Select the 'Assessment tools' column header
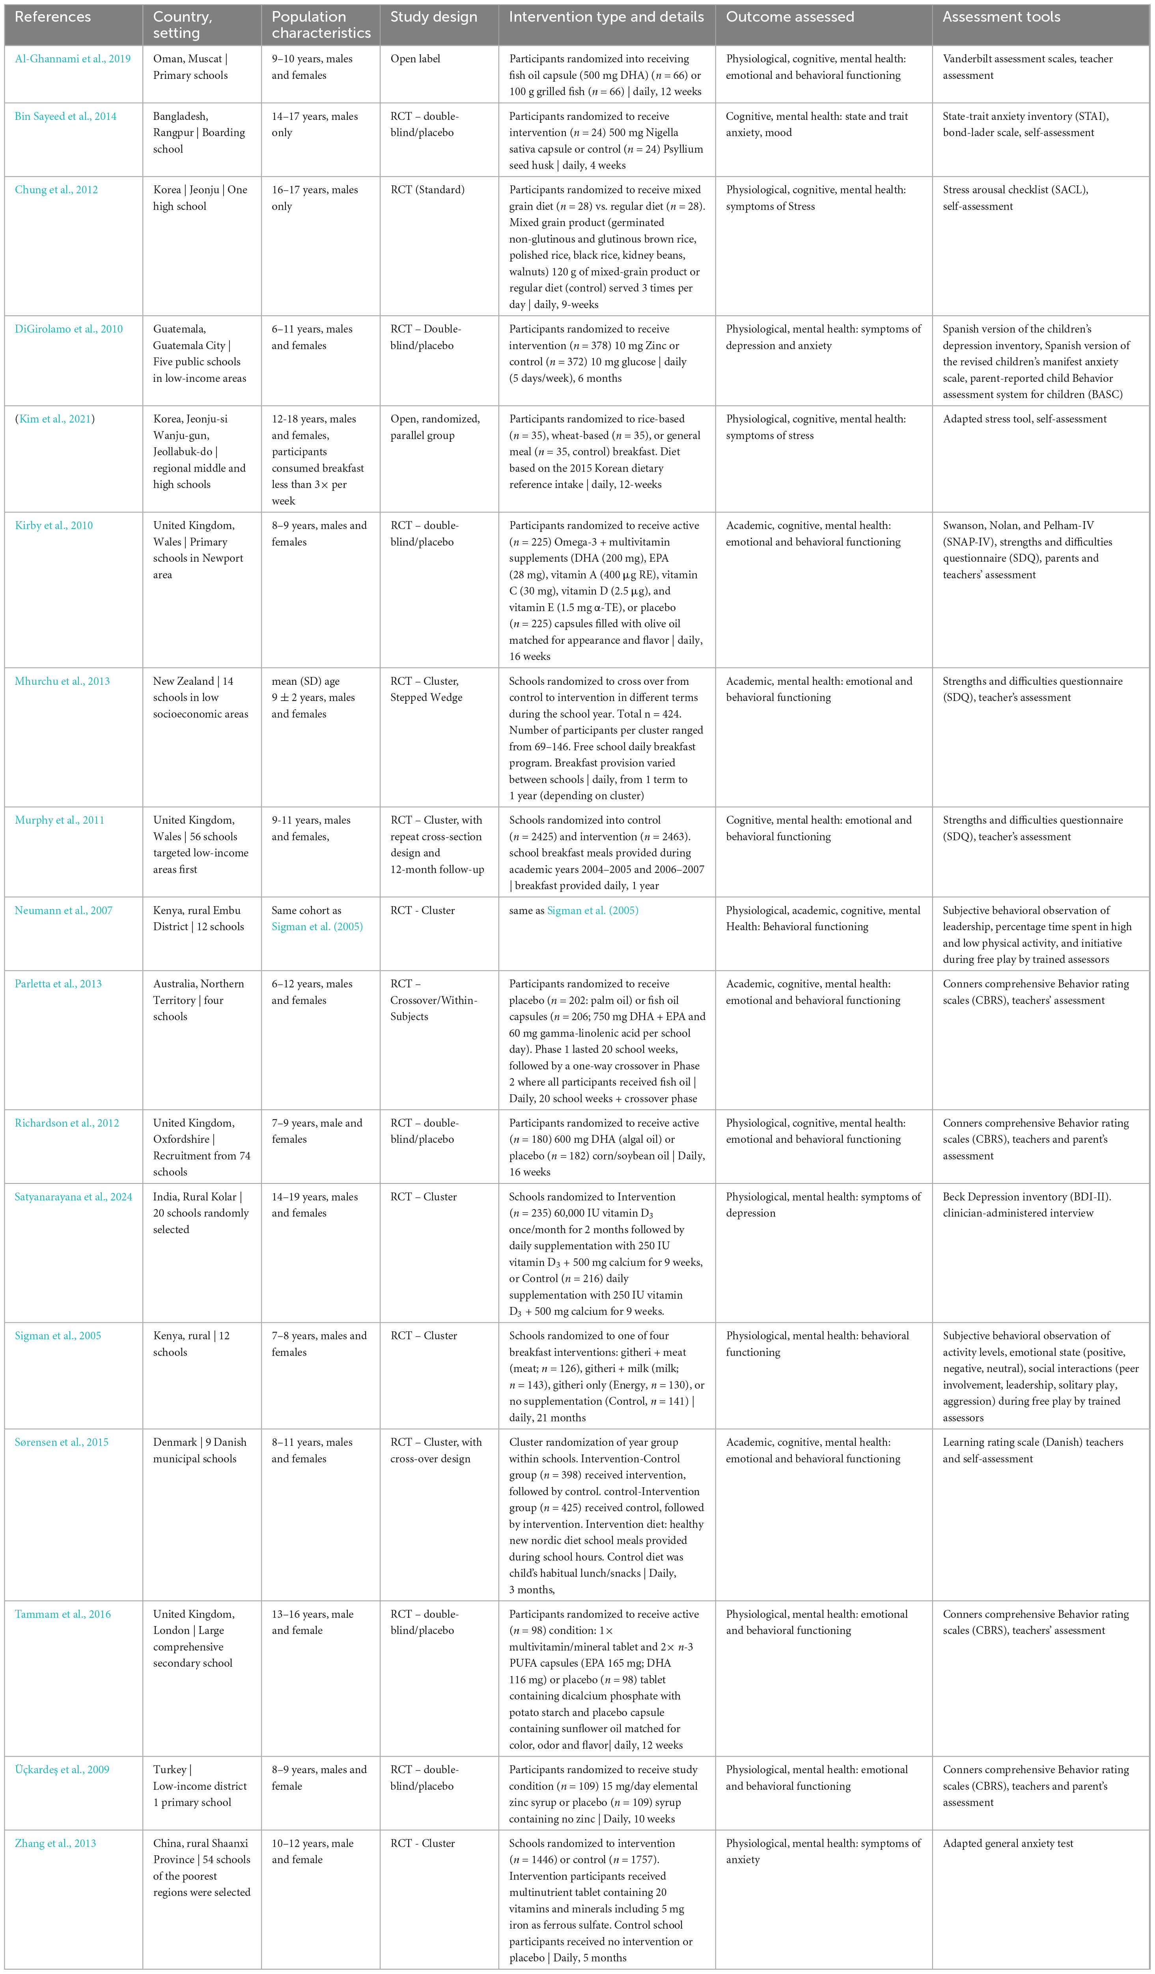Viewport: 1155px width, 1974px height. coord(1001,17)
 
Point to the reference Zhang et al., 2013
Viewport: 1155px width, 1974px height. coord(56,1843)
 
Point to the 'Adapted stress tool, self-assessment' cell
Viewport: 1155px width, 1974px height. coord(1024,419)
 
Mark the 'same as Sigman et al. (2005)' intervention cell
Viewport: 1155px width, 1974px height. coord(573,910)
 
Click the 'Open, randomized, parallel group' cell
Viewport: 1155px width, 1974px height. coord(435,427)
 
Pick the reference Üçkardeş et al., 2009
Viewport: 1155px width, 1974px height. coord(62,1770)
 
